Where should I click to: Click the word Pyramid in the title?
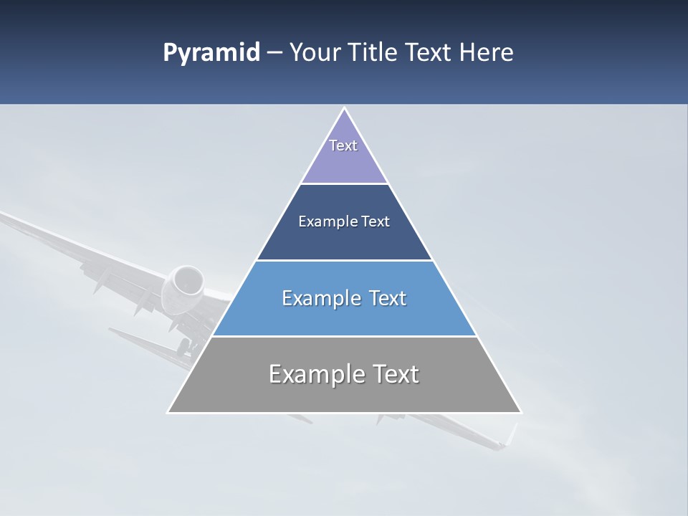pyautogui.click(x=211, y=53)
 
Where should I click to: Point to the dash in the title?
pyautogui.click(x=274, y=53)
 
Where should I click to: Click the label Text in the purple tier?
pyautogui.click(x=343, y=145)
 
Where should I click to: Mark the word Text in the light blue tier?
pyautogui.click(x=386, y=298)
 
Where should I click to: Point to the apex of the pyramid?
pyautogui.click(x=344, y=110)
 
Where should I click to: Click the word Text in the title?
pyautogui.click(x=430, y=53)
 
